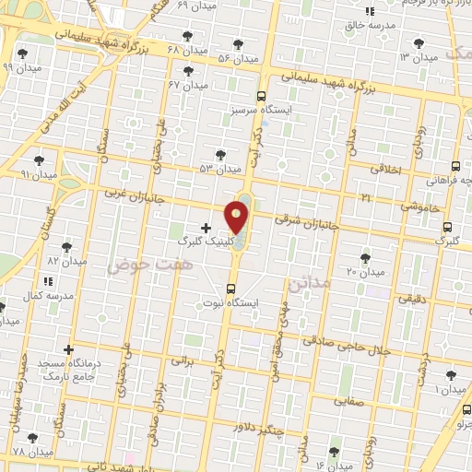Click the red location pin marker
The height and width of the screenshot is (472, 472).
pyautogui.click(x=238, y=217)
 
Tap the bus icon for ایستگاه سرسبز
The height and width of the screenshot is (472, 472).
pyautogui.click(x=262, y=95)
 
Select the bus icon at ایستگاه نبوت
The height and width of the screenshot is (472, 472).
pyautogui.click(x=230, y=288)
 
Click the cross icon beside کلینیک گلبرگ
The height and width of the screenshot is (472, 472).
pyautogui.click(x=205, y=227)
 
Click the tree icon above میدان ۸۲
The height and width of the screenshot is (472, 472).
pyautogui.click(x=66, y=247)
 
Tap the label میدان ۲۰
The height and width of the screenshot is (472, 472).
pyautogui.click(x=364, y=272)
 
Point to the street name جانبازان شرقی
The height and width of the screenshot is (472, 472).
pyautogui.click(x=308, y=224)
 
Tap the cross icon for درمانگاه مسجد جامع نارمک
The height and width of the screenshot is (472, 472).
pyautogui.click(x=68, y=350)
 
